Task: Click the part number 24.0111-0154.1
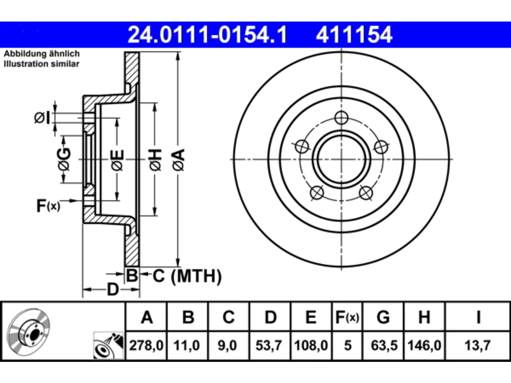click(207, 35)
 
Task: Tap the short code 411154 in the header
click(354, 35)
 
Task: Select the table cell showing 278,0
click(146, 345)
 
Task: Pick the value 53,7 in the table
click(269, 345)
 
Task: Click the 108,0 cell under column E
click(311, 345)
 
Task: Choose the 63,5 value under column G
click(384, 345)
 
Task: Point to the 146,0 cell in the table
click(424, 345)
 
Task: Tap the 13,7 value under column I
click(478, 345)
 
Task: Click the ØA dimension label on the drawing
click(178, 160)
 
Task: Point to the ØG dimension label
click(64, 159)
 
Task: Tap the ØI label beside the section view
click(42, 118)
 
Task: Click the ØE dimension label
click(117, 160)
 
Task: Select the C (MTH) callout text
click(187, 276)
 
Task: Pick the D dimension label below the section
click(113, 290)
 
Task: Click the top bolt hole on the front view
click(341, 118)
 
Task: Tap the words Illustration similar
click(42, 64)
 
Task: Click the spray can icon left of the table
click(108, 346)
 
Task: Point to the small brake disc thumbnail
click(29, 332)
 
